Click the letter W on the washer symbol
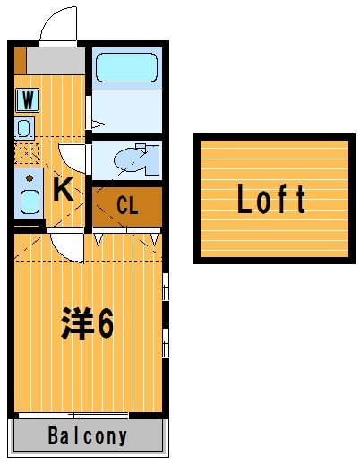tap(28, 99)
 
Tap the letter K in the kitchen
tap(63, 189)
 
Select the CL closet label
tap(127, 205)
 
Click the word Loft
tap(271, 199)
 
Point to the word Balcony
tap(88, 435)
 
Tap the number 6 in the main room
tap(106, 323)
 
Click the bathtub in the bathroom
tap(126, 67)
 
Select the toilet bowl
tap(130, 159)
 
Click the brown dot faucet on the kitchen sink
tap(30, 178)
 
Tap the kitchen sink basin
tap(30, 202)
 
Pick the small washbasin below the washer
tap(24, 128)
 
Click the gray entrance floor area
tap(56, 61)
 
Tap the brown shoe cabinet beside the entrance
tap(21, 61)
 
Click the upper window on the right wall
tap(166, 287)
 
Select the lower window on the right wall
tap(166, 343)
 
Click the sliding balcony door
tap(73, 416)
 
